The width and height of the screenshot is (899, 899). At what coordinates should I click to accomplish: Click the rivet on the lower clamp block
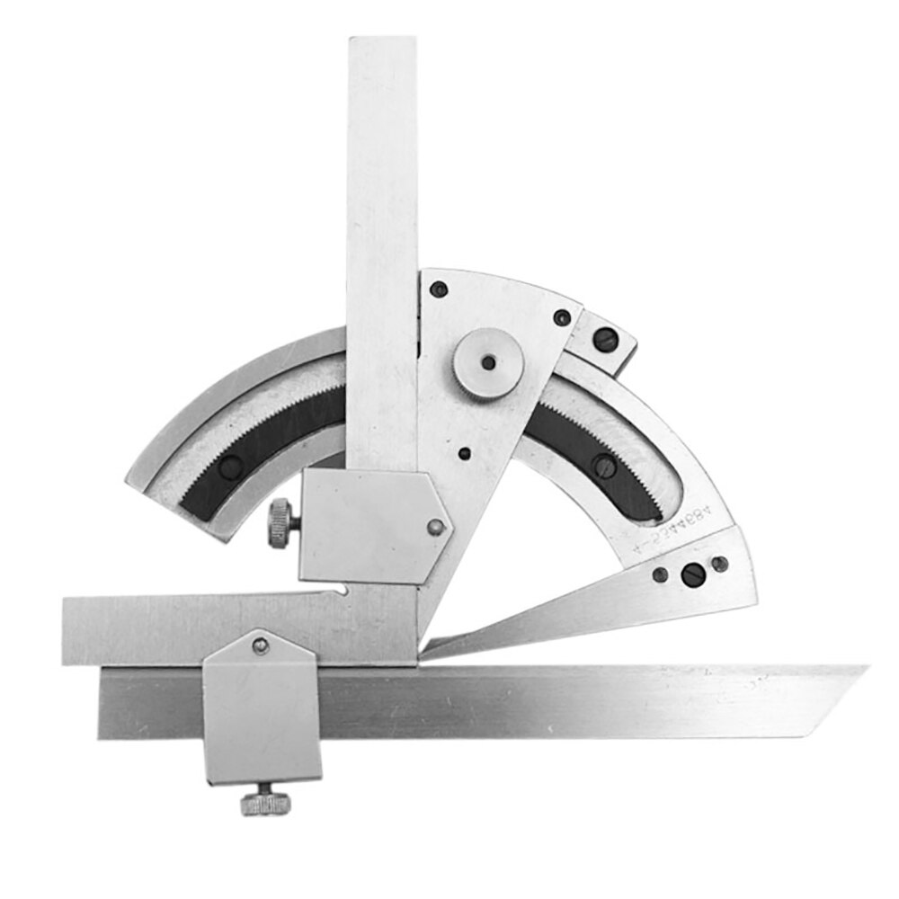point(260,644)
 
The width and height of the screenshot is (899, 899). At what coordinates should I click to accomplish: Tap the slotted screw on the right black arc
point(605,466)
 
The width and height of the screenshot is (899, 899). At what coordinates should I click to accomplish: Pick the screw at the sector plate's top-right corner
point(562,317)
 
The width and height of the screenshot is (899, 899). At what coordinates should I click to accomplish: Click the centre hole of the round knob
point(488,362)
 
